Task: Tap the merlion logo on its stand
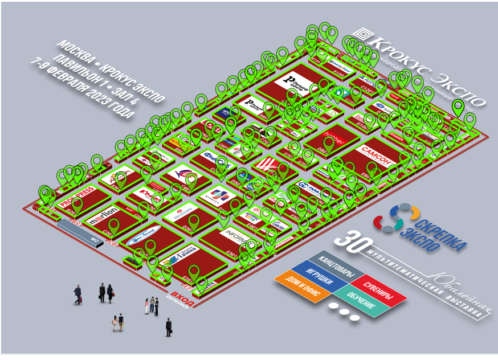click(x=104, y=216)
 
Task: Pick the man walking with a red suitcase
click(x=77, y=294)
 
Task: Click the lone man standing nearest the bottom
click(x=168, y=326)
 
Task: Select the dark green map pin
click(x=458, y=107)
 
